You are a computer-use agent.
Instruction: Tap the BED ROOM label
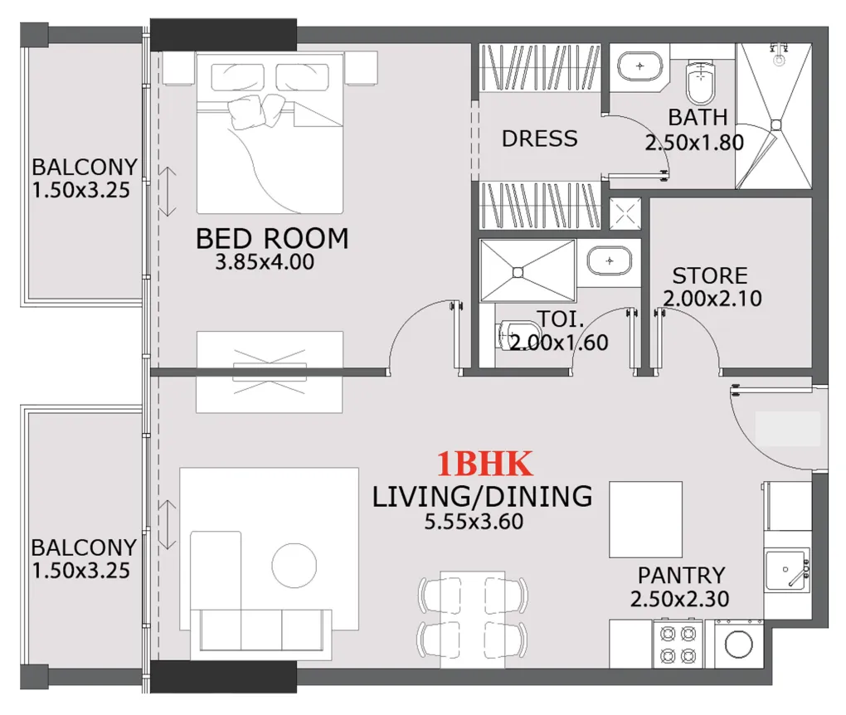[x=272, y=239]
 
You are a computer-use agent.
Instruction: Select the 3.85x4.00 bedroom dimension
[x=265, y=263]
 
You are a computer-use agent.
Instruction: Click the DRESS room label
[x=539, y=139]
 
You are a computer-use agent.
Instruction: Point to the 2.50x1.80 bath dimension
[x=694, y=143]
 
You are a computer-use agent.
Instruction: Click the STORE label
[x=709, y=275]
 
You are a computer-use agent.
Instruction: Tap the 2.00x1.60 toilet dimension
[x=559, y=342]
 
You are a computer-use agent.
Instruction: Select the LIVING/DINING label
[x=482, y=497]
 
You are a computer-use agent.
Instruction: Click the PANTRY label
[x=681, y=575]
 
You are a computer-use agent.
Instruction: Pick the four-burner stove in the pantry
[x=678, y=645]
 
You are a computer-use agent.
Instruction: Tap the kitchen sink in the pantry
[x=785, y=570]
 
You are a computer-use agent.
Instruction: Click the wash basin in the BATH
[x=639, y=65]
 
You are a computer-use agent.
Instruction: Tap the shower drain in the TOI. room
[x=518, y=271]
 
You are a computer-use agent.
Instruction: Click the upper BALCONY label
[x=84, y=167]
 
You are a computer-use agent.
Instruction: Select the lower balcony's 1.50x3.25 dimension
[x=80, y=571]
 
